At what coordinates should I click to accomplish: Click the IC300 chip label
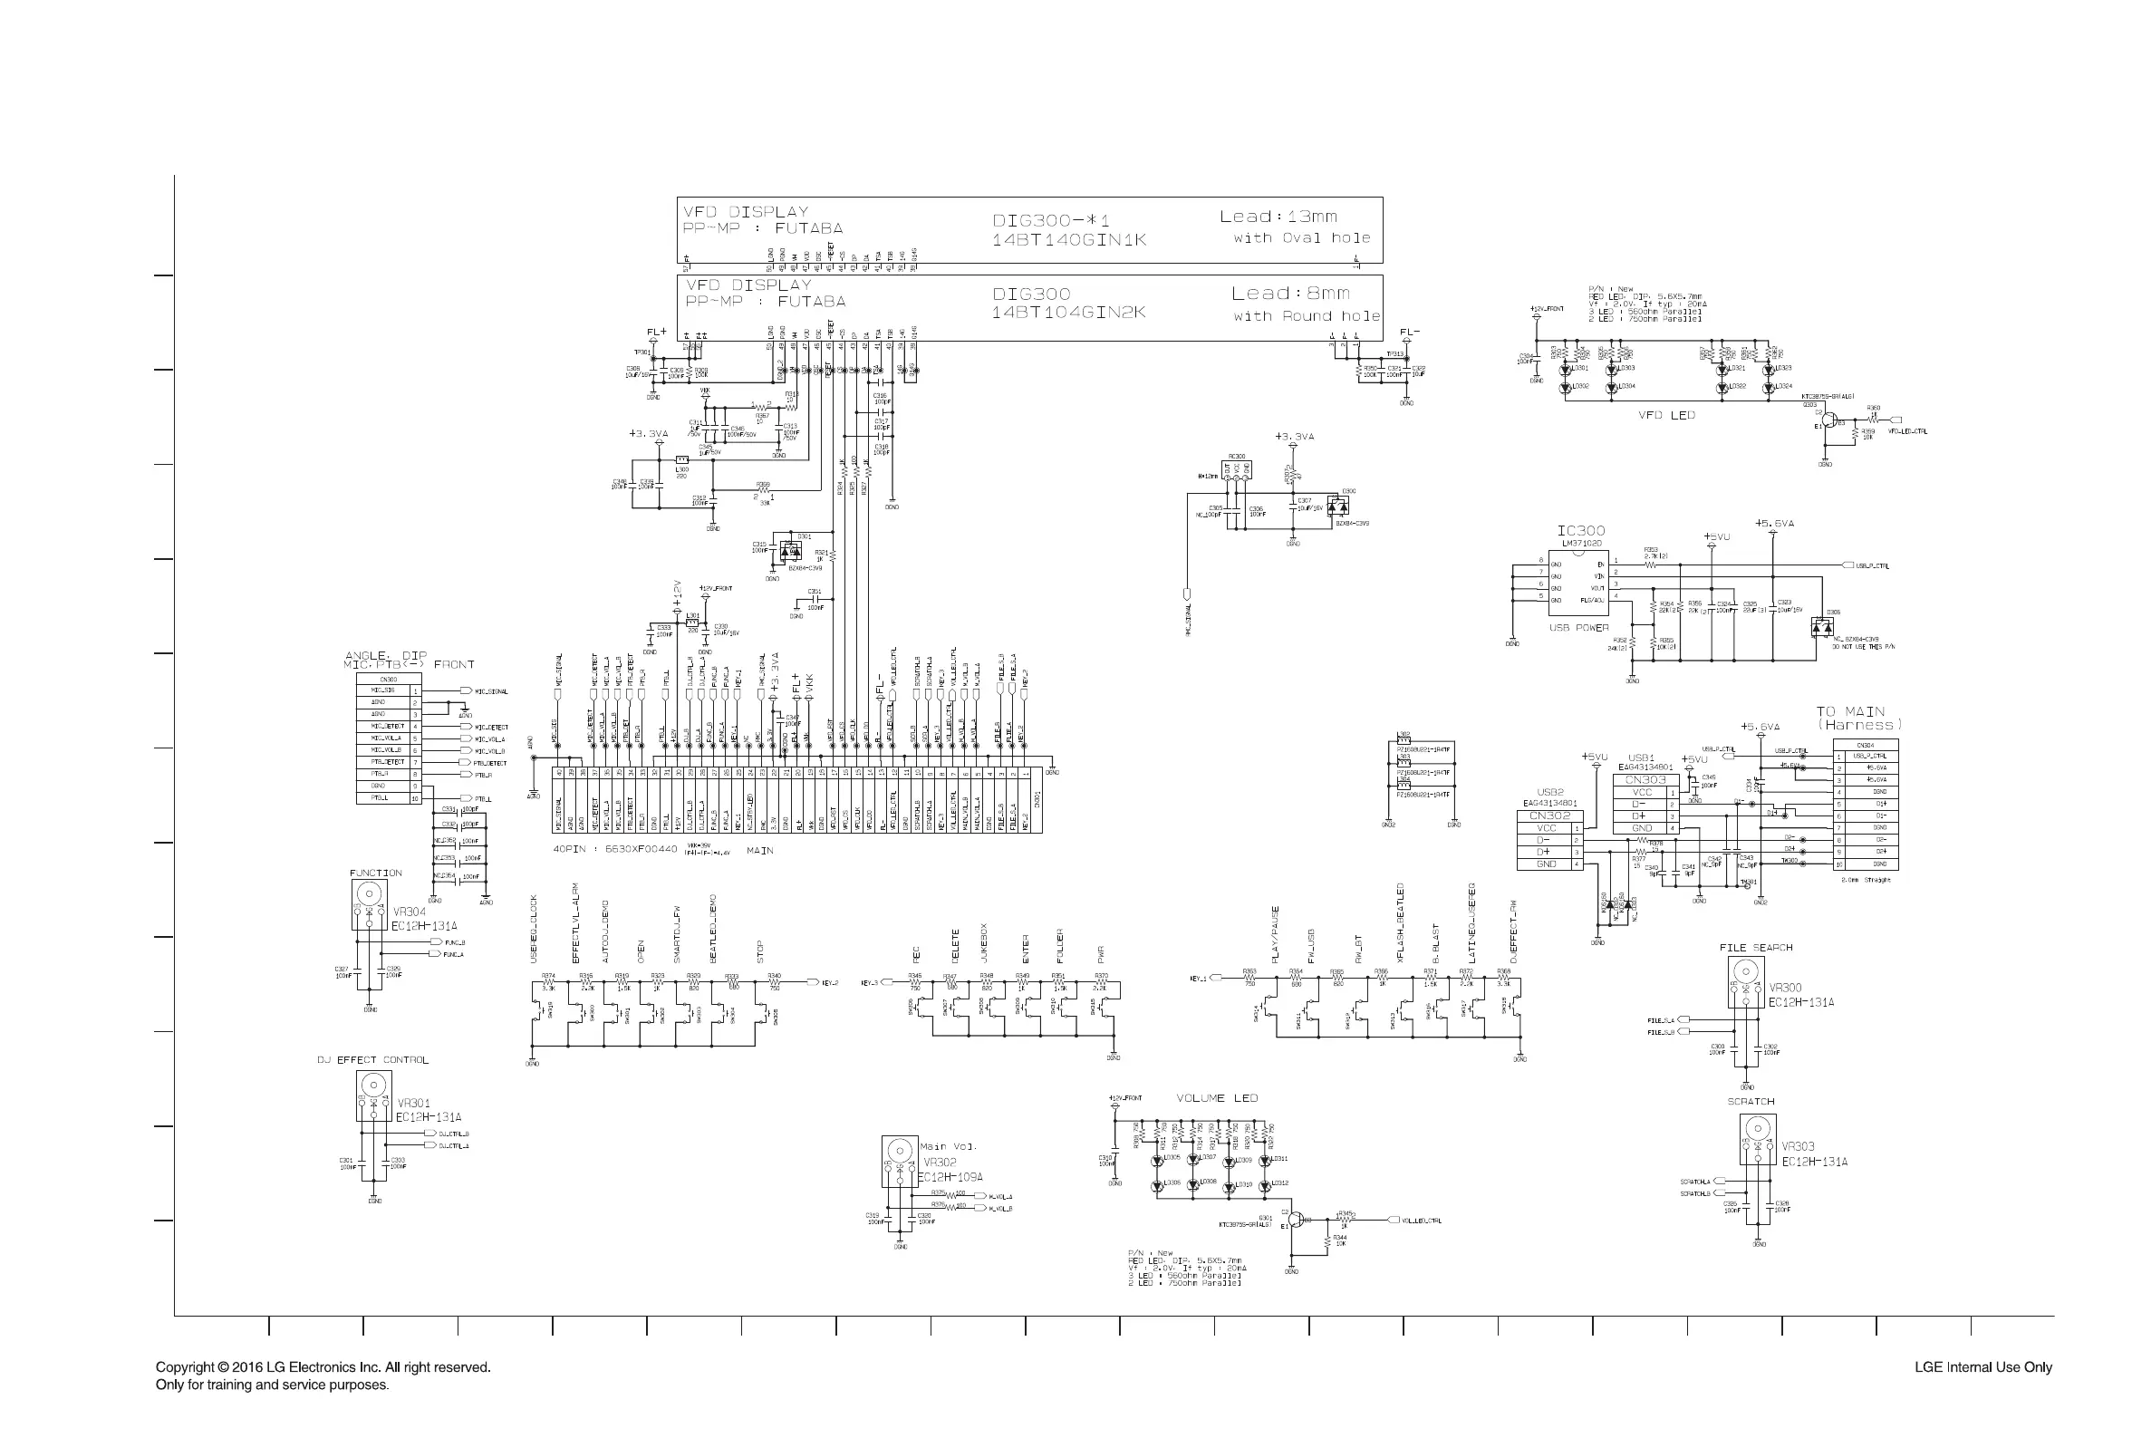click(1581, 531)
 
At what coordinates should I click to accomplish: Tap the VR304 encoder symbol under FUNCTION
click(369, 904)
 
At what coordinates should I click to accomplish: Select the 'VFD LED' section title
click(1666, 415)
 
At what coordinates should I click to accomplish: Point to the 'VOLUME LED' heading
click(1217, 1098)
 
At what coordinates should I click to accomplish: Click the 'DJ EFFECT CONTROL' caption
click(372, 1060)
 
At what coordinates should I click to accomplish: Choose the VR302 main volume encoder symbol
click(900, 1161)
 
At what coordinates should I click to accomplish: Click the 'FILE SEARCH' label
click(1755, 948)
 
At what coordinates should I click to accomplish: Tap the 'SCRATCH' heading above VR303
click(1751, 1102)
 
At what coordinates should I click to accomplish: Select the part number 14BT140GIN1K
click(1068, 240)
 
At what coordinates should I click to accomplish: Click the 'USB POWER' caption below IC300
click(1579, 628)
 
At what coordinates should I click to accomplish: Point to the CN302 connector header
click(1549, 816)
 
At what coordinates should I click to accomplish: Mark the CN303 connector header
click(1645, 779)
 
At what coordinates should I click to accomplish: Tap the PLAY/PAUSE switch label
click(1276, 935)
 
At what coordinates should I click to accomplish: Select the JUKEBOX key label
click(984, 941)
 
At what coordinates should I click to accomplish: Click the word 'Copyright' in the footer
click(186, 1366)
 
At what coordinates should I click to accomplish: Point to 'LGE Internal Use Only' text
click(1982, 1367)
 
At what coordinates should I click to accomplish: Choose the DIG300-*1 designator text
click(1050, 221)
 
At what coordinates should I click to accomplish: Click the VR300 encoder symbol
click(1746, 982)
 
